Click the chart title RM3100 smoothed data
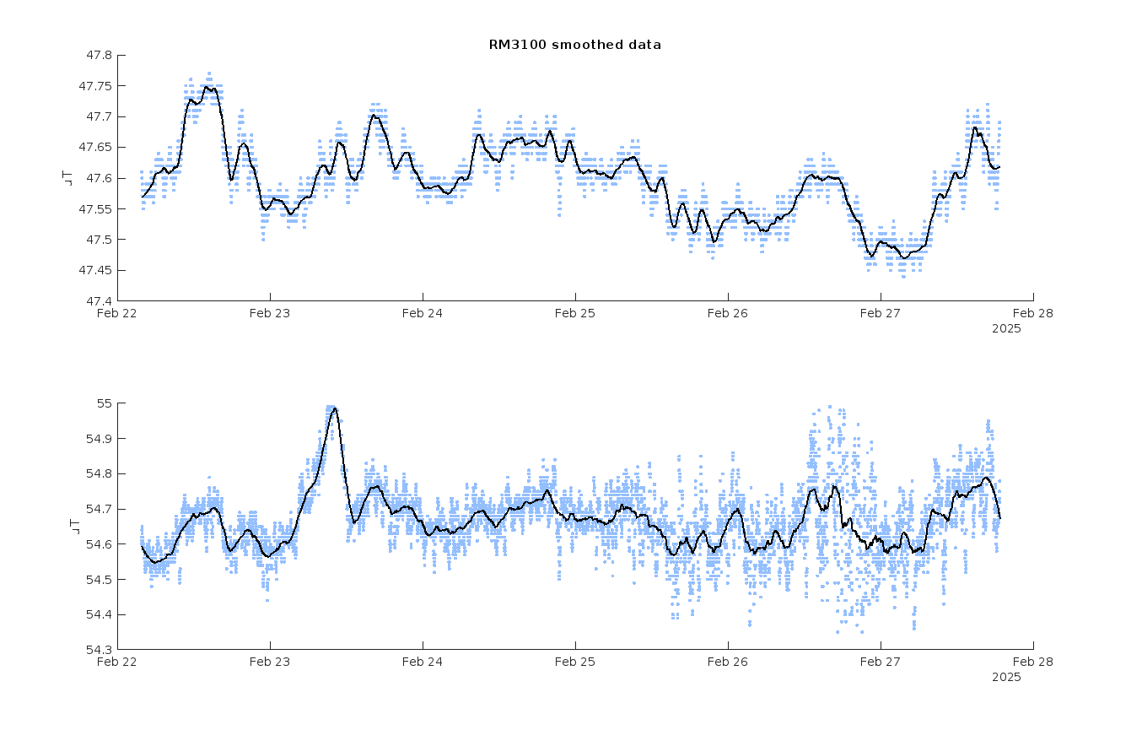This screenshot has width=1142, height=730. [574, 45]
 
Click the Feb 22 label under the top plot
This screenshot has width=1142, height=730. [117, 313]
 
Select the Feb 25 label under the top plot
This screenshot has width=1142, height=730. [575, 313]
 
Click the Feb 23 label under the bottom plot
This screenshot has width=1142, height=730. [270, 662]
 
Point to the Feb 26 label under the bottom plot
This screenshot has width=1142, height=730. [728, 662]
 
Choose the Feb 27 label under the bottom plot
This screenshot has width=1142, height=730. [881, 662]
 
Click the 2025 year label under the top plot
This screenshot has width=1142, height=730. [1005, 328]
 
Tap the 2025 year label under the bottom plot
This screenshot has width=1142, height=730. [1005, 677]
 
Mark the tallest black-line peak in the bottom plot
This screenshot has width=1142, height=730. [335, 408]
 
